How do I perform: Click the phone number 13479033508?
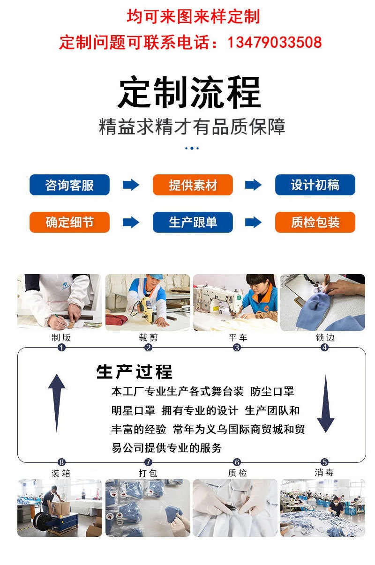click(x=275, y=43)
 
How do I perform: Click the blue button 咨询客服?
click(x=69, y=185)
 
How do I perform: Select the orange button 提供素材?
click(x=193, y=185)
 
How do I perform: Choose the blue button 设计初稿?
click(x=315, y=185)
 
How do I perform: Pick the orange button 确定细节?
click(x=69, y=223)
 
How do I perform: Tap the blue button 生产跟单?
click(x=193, y=223)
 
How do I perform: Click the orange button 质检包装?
click(x=315, y=223)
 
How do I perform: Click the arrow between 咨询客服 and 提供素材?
click(x=131, y=185)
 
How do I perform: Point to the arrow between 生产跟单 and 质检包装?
click(x=253, y=223)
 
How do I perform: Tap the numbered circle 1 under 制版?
click(x=61, y=348)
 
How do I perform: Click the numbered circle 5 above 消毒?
click(x=324, y=462)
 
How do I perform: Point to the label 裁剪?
click(x=148, y=337)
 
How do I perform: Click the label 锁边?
click(x=324, y=337)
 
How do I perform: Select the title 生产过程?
click(x=135, y=372)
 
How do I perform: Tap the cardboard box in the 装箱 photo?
click(x=62, y=507)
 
